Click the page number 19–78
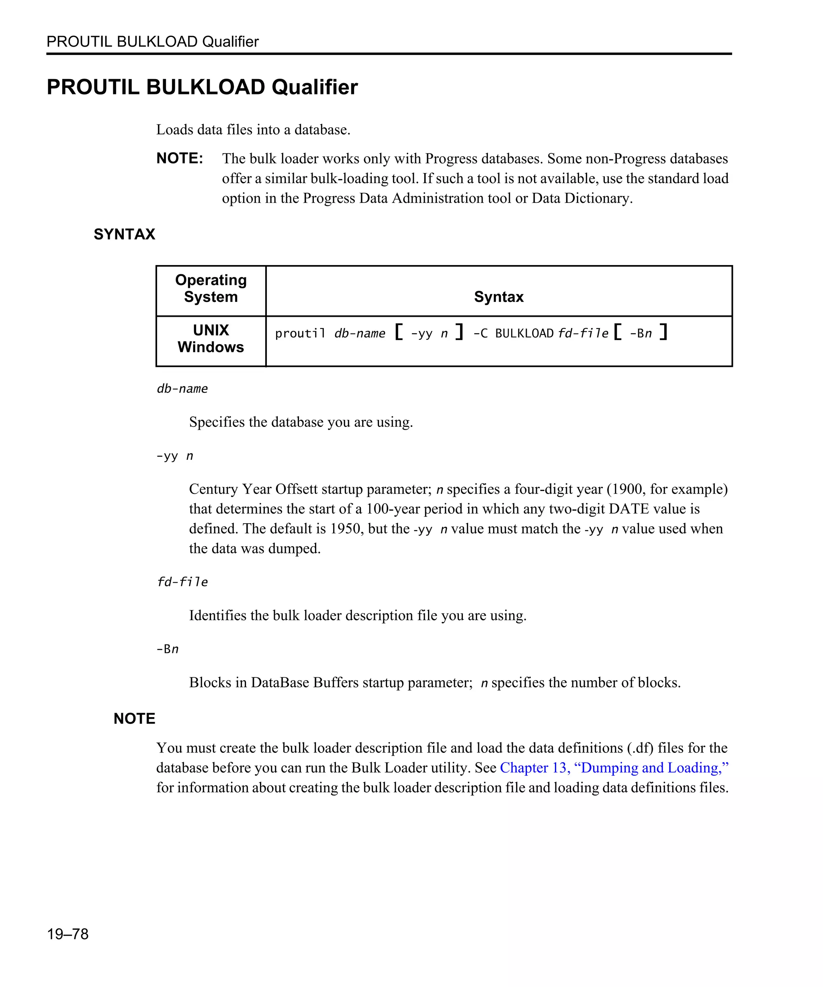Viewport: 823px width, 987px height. [x=67, y=934]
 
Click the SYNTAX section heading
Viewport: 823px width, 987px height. [x=124, y=234]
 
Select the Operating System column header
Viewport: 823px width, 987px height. [x=211, y=289]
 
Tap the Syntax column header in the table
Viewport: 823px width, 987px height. [x=499, y=297]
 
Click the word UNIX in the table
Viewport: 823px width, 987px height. [x=211, y=330]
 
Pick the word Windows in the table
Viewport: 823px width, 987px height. [x=211, y=347]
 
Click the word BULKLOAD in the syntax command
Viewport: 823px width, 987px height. [x=524, y=334]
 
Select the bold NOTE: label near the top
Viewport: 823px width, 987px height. [x=180, y=158]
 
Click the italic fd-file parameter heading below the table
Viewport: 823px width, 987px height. [x=182, y=582]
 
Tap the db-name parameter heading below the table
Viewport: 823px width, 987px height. [x=182, y=389]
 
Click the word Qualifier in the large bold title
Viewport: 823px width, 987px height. [x=315, y=88]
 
